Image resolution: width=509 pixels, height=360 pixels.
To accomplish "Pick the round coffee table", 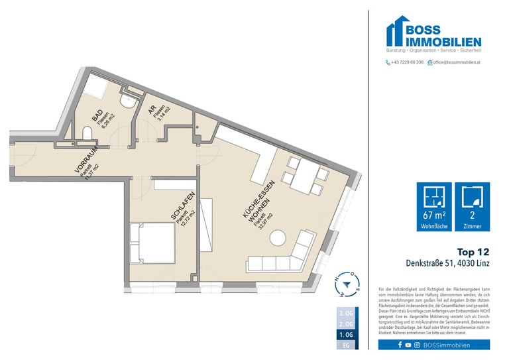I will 277,236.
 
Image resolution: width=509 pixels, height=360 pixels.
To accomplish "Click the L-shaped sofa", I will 292,255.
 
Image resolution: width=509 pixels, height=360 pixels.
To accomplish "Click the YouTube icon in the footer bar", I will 408,345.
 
